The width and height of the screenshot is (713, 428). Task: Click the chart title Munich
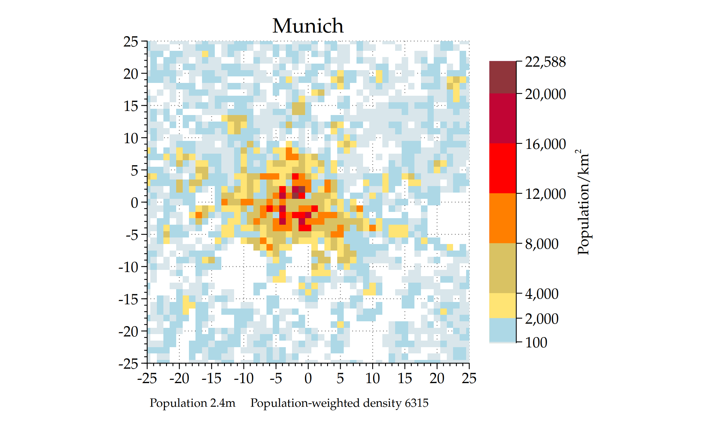pos(308,26)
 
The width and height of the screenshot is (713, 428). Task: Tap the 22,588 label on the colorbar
pos(545,62)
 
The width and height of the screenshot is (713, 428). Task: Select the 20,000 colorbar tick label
pos(545,94)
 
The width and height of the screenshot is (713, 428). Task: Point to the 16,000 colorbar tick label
pos(545,144)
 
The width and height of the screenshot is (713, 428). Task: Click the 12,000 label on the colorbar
pos(545,194)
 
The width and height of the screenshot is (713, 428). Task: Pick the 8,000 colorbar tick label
pos(542,244)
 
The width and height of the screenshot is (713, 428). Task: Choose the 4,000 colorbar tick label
pos(542,294)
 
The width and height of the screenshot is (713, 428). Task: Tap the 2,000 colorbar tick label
pos(542,319)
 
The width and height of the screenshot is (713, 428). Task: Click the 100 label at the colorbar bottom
pos(536,342)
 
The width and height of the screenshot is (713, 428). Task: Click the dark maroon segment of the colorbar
pos(503,77)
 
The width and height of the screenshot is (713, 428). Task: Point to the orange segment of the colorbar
pos(503,218)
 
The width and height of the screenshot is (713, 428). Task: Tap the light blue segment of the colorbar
pos(503,330)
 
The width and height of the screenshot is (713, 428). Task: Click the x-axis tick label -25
pos(147,378)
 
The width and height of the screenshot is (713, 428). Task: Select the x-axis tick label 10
pos(372,378)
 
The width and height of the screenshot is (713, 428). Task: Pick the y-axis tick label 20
pos(131,74)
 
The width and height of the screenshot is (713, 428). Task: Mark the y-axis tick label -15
pos(128,299)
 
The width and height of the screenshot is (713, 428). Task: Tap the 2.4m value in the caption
pos(223,403)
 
